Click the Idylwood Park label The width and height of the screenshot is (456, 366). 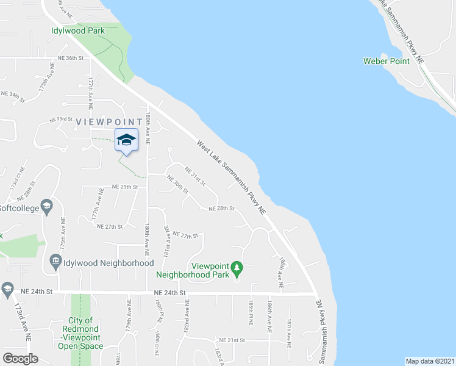pyautogui.click(x=78, y=30)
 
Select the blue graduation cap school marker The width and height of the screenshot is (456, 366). pyautogui.click(x=126, y=140)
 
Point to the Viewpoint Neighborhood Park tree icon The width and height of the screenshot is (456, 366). pyautogui.click(x=238, y=266)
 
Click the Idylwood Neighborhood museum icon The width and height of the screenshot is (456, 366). pyautogui.click(x=55, y=262)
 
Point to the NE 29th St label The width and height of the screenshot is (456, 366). pyautogui.click(x=125, y=187)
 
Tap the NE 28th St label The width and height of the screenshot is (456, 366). pyautogui.click(x=221, y=208)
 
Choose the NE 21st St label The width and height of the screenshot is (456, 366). pyautogui.click(x=232, y=340)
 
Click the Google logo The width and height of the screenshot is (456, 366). pyautogui.click(x=20, y=359)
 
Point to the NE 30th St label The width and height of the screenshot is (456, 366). pyautogui.click(x=177, y=185)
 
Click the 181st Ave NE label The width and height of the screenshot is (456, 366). pyautogui.click(x=165, y=239)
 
